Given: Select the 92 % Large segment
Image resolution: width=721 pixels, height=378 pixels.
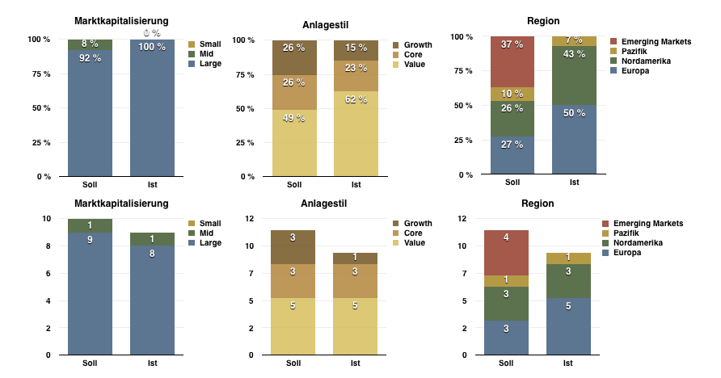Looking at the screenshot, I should (90, 112).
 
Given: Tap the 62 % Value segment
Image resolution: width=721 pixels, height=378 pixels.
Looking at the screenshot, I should (356, 133).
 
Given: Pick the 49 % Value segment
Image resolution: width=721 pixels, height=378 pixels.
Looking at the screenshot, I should (294, 143).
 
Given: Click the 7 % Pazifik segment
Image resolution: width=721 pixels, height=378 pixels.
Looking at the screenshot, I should (574, 41).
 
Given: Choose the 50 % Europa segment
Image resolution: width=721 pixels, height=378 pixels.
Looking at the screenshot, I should (574, 139).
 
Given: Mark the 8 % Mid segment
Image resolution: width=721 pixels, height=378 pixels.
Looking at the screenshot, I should (90, 44).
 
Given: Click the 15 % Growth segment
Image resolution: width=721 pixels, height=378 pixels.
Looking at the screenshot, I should (356, 50).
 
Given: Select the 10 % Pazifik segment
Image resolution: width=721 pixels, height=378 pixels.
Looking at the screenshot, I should (512, 94).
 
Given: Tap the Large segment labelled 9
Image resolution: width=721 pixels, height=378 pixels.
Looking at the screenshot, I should (90, 293).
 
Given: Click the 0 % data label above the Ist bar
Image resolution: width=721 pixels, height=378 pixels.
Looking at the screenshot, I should (152, 33).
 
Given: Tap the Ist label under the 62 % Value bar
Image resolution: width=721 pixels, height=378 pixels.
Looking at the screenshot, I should (356, 184).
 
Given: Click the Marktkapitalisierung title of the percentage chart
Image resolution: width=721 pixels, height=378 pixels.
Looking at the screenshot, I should (121, 20).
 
